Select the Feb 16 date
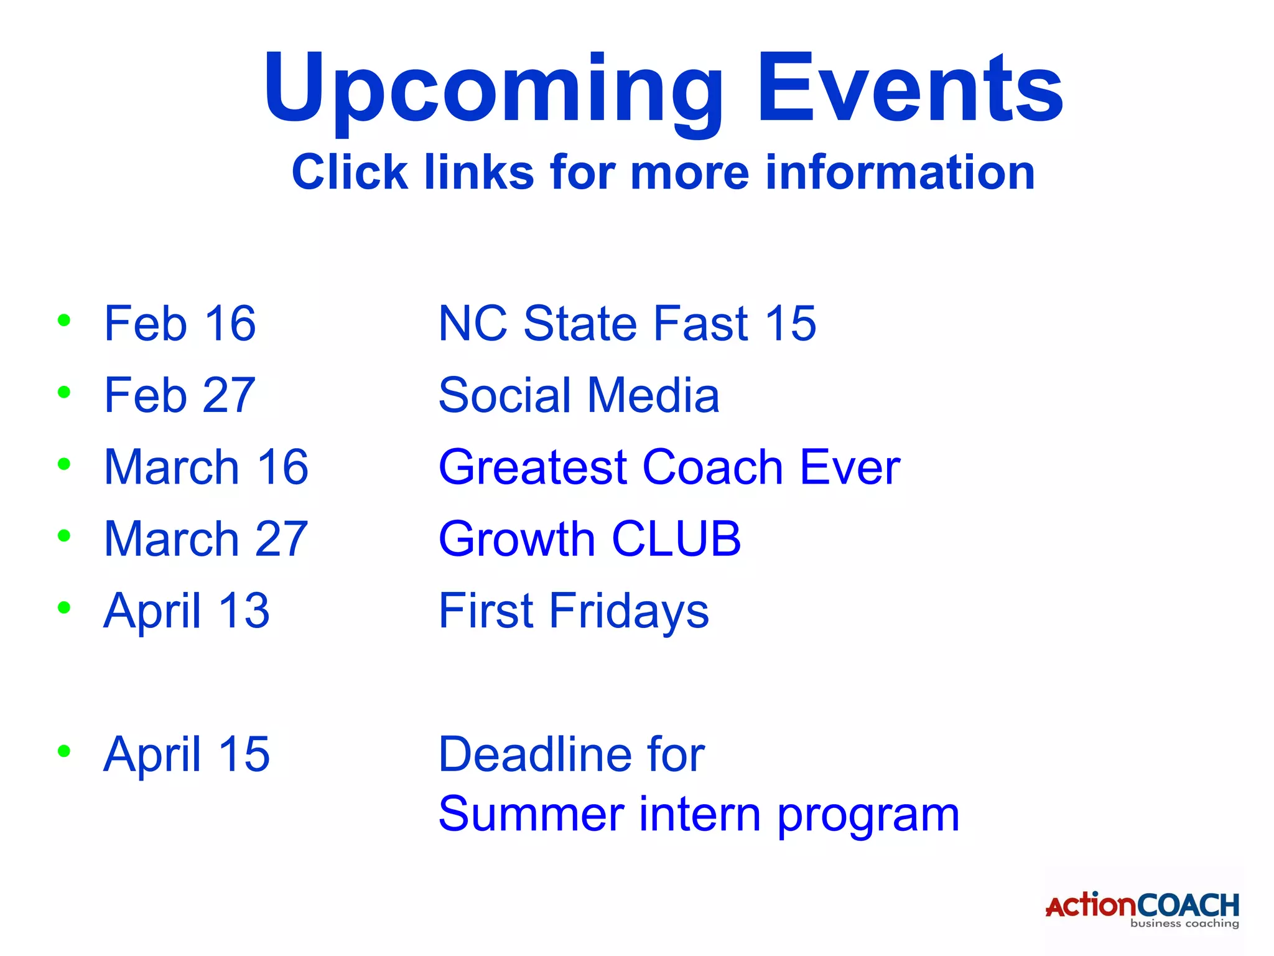pyautogui.click(x=180, y=324)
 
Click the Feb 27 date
pyautogui.click(x=180, y=395)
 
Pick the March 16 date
pyautogui.click(x=206, y=467)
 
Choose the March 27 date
pyautogui.click(x=206, y=538)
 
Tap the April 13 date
pyautogui.click(x=187, y=611)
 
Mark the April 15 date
pyautogui.click(x=187, y=754)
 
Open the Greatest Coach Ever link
pyautogui.click(x=669, y=467)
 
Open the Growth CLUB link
pyautogui.click(x=590, y=538)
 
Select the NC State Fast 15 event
pyautogui.click(x=627, y=324)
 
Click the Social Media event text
pyautogui.click(x=579, y=395)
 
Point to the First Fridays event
pyautogui.click(x=574, y=611)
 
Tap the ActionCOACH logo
pyautogui.click(x=1142, y=909)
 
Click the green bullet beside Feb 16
pyautogui.click(x=63, y=321)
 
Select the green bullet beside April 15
pyautogui.click(x=63, y=751)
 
